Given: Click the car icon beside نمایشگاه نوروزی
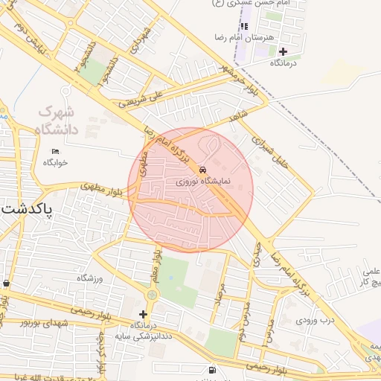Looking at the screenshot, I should (x=204, y=168).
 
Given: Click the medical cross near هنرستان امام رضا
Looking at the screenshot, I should (x=283, y=51).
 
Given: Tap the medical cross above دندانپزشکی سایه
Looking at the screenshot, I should (x=143, y=314).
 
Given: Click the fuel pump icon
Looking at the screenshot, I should (x=214, y=370).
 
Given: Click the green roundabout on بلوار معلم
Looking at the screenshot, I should (x=152, y=295).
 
